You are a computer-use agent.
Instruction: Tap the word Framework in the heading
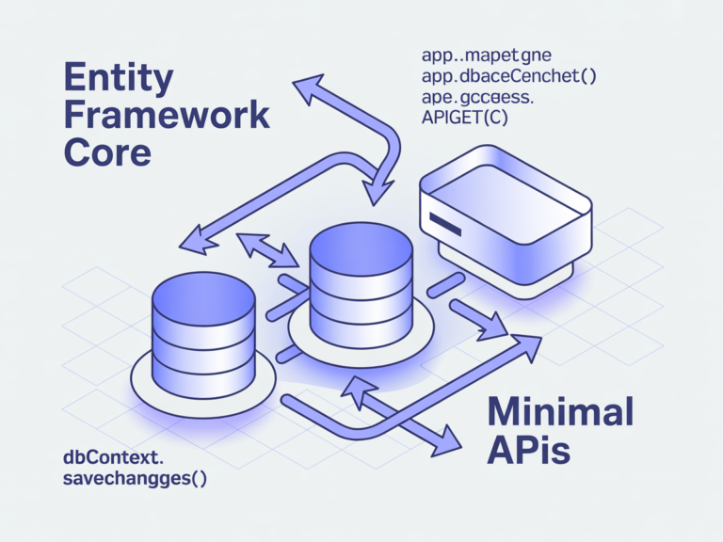click(167, 115)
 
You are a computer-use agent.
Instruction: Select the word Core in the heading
click(109, 151)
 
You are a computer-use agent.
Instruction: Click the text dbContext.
click(113, 458)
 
